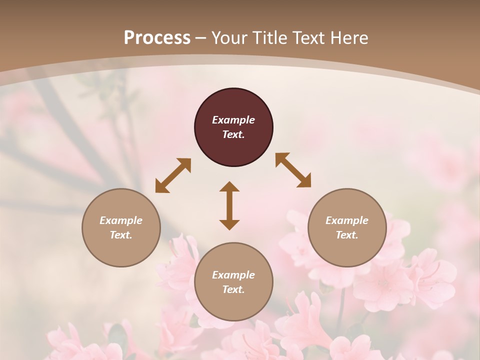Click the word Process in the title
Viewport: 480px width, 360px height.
(x=157, y=38)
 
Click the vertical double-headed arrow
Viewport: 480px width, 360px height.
(x=229, y=205)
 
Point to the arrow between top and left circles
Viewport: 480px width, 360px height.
(x=173, y=175)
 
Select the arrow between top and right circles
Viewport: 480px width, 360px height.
(x=293, y=170)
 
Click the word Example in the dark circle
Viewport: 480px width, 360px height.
(x=233, y=120)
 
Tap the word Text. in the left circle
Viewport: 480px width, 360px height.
(x=121, y=235)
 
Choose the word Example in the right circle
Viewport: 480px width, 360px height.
(x=347, y=220)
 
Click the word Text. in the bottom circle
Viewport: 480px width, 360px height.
(x=233, y=289)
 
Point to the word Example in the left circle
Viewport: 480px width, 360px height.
(x=121, y=220)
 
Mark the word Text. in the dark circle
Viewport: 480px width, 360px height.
(x=233, y=134)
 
